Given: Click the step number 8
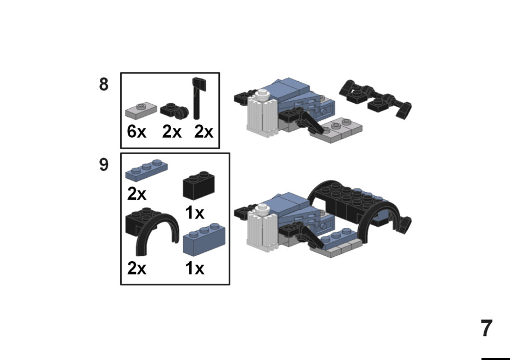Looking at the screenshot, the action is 104,85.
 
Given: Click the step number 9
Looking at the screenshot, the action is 104,165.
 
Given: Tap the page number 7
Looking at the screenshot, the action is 486,328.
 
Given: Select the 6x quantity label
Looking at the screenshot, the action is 137,132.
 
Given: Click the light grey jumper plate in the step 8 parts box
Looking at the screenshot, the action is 141,110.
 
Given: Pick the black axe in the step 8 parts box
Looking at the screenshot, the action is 197,98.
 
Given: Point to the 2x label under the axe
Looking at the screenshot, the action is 203,132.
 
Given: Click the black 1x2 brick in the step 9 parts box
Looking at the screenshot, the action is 199,185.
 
